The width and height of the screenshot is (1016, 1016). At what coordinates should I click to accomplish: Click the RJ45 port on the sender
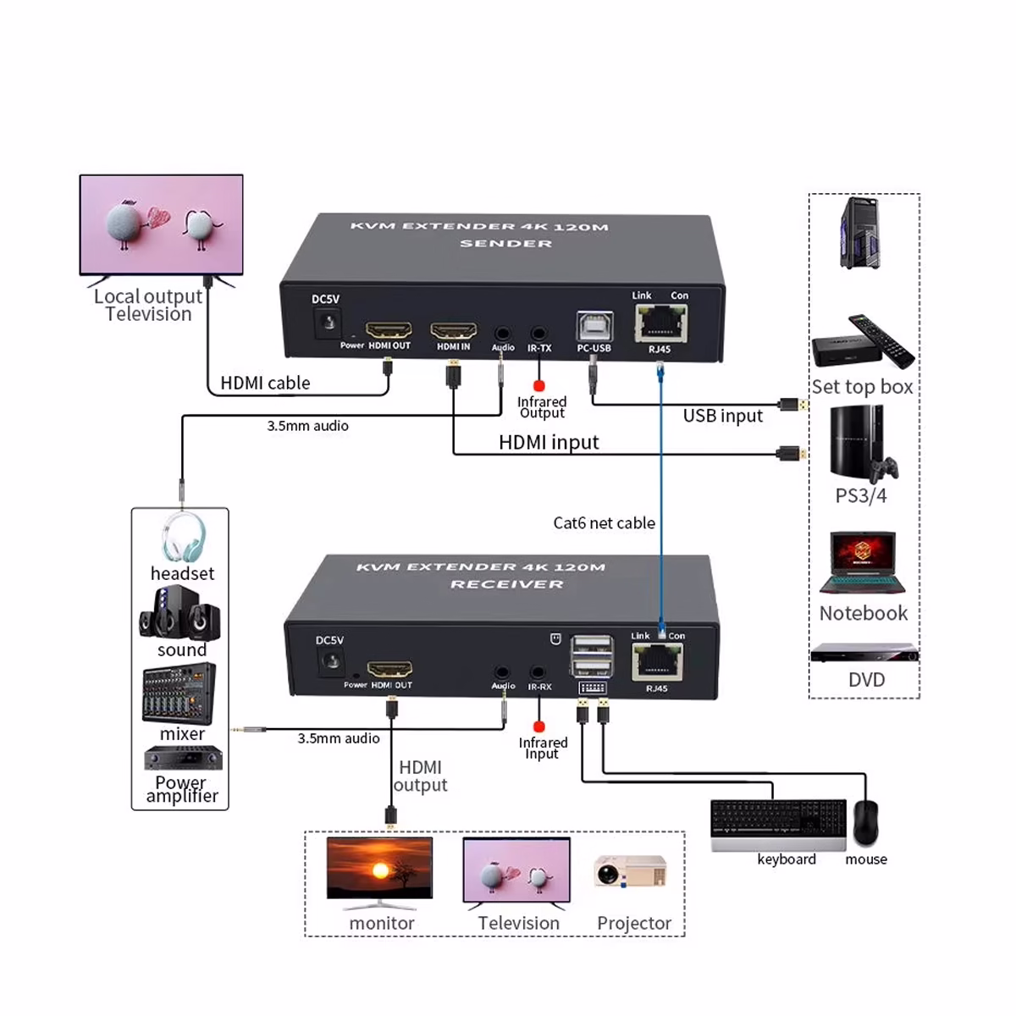(x=661, y=323)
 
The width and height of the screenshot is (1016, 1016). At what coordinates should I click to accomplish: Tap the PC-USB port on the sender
(x=594, y=326)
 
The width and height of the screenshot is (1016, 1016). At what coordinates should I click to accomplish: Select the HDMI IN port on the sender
(x=454, y=330)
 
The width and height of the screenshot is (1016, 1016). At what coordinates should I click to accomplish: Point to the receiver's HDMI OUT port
(x=389, y=670)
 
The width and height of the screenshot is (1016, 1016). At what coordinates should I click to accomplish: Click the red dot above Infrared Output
(x=539, y=386)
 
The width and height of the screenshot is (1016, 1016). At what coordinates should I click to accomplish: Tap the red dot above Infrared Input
(x=538, y=726)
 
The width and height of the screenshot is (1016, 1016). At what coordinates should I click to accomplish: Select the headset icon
(x=183, y=537)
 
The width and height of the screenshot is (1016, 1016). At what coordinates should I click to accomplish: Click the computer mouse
(x=865, y=821)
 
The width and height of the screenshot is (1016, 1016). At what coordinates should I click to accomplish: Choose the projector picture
(x=630, y=872)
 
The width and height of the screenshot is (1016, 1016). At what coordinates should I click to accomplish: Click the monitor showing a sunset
(x=379, y=870)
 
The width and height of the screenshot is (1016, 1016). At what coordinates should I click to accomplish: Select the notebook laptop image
(x=863, y=563)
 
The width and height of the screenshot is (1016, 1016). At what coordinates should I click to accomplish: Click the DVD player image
(x=864, y=653)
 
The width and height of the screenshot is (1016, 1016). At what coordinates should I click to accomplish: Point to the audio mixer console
(x=179, y=693)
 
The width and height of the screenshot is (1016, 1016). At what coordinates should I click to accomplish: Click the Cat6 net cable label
(x=604, y=523)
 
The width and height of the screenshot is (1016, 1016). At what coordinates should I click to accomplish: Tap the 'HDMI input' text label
(x=549, y=442)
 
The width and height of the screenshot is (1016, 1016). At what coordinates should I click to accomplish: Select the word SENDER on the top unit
(x=505, y=244)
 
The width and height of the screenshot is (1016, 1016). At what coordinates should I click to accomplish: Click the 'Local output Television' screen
(x=161, y=224)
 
